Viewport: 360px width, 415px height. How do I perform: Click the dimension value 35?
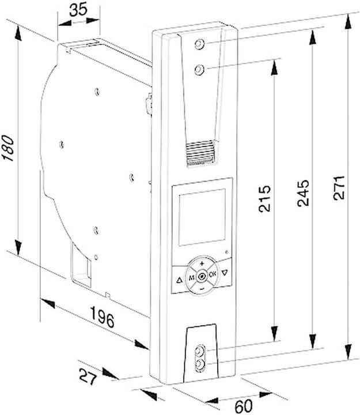78,10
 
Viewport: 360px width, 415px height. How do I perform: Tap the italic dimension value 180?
7,148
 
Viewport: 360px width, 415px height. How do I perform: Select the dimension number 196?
103,316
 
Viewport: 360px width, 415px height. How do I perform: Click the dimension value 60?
244,405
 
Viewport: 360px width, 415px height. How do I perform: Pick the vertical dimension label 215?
265,198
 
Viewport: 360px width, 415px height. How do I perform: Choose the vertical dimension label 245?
303,193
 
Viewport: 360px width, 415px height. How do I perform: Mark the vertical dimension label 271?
339,188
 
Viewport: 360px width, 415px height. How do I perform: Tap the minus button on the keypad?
202,289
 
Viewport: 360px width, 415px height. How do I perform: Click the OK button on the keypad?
213,274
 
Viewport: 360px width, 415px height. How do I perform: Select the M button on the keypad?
191,278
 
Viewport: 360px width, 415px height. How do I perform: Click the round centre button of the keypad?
202,276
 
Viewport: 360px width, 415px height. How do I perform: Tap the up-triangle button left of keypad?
179,281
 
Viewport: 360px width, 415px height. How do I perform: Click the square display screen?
202,217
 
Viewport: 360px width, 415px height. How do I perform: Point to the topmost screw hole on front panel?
199,44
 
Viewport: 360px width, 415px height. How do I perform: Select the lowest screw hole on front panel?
200,365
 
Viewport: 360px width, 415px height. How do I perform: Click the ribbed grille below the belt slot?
201,153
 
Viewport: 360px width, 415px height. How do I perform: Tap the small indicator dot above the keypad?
227,252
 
